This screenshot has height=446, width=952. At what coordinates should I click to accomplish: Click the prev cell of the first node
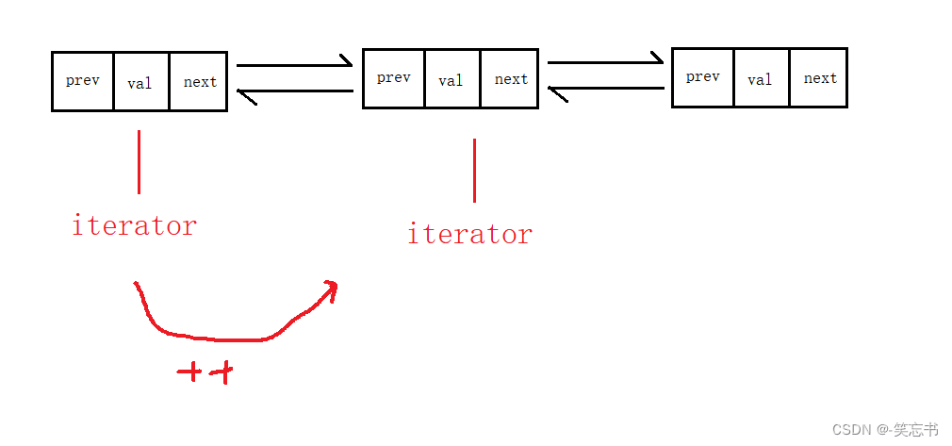(x=83, y=81)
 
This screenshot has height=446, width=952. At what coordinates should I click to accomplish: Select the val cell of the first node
(x=140, y=82)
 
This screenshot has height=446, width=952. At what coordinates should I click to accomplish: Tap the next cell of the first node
(x=199, y=82)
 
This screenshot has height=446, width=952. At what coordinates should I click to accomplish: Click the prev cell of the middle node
(x=394, y=78)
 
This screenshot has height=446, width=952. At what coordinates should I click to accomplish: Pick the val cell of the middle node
(x=451, y=79)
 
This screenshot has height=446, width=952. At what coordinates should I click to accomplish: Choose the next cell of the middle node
(x=510, y=79)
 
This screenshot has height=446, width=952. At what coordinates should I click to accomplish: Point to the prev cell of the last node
(x=703, y=76)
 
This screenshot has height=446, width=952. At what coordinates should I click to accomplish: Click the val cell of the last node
(x=761, y=78)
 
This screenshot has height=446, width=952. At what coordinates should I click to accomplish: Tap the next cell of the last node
(x=819, y=78)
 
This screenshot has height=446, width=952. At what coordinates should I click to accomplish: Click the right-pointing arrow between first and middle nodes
(x=294, y=65)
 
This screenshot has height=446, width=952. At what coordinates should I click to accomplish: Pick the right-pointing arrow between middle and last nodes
(x=605, y=63)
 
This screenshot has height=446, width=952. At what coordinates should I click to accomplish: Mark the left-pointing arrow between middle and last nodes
(x=605, y=91)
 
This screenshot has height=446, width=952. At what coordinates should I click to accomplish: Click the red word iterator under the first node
(x=134, y=226)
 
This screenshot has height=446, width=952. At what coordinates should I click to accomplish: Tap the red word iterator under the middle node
(x=469, y=234)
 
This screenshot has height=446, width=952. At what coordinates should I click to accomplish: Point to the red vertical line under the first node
(x=140, y=161)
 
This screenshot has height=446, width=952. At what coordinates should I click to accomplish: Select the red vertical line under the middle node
(x=474, y=170)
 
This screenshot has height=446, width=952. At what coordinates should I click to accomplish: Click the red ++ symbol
(x=205, y=373)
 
